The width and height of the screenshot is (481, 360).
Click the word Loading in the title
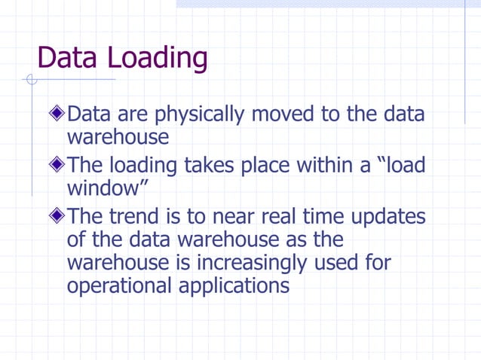pyautogui.click(x=158, y=59)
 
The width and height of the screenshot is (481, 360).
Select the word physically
pyautogui.click(x=200, y=115)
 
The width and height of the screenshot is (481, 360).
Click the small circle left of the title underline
pyautogui.click(x=31, y=79)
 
